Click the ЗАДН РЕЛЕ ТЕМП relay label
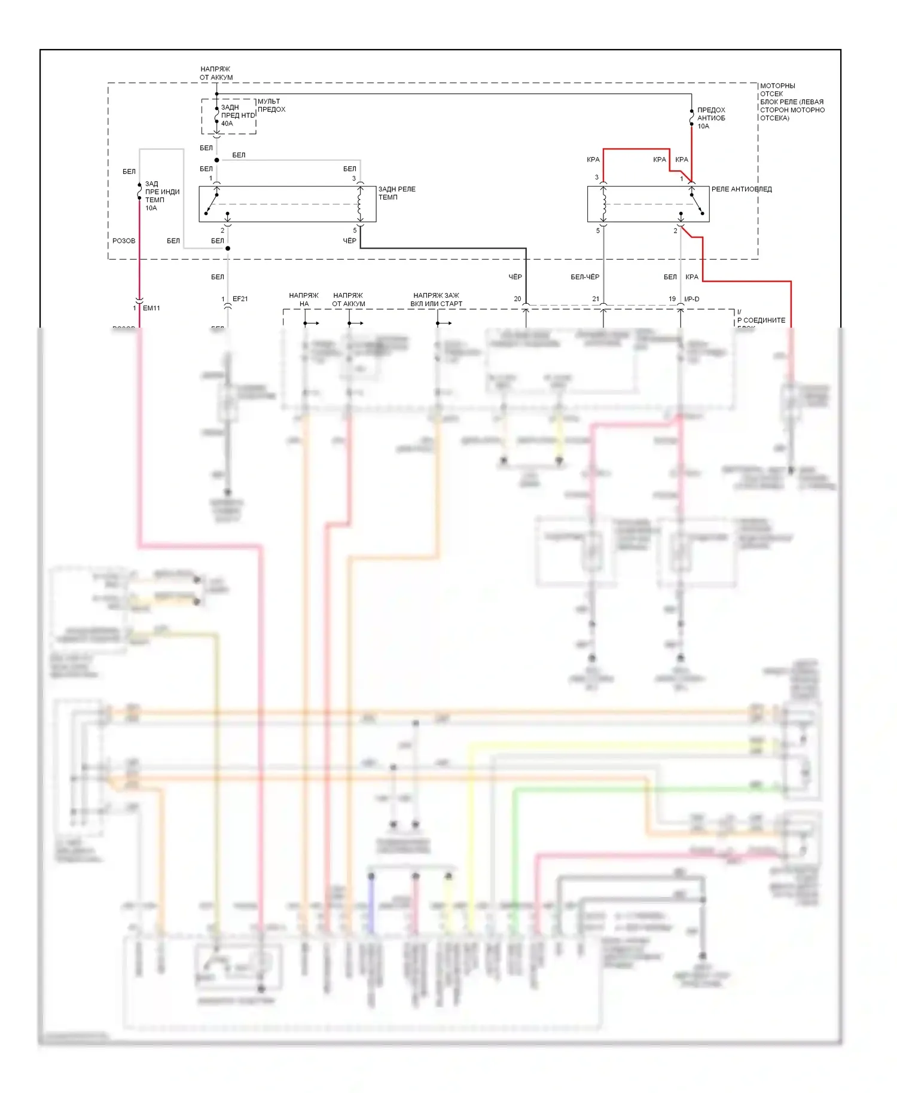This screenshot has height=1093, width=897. pos(396,193)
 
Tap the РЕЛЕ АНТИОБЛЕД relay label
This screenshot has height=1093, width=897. pos(741,190)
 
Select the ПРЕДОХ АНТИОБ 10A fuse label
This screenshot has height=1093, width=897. pos(711,118)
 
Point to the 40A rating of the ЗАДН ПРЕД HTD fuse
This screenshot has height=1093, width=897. pos(227,124)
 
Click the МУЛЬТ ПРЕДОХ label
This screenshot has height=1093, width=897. pos(271,105)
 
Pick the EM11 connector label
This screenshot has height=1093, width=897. pos(151,309)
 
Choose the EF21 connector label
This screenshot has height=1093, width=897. pos(240,299)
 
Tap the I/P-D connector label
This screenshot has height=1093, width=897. pos(691,299)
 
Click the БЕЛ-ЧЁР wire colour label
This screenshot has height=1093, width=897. pos(585,277)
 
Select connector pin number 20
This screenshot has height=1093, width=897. pos(517,299)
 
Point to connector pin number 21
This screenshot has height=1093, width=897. pos(596,299)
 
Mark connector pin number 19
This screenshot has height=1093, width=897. pos(672,299)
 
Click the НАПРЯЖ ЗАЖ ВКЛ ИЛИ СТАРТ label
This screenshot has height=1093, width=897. pos(436,300)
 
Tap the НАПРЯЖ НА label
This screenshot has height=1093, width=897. pos(304,300)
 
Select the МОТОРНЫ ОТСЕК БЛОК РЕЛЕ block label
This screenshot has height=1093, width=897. pos(792,102)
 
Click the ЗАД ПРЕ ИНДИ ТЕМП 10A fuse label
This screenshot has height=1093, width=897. pos(161,196)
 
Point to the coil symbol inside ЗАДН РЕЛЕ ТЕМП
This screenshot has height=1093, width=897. pos(360,204)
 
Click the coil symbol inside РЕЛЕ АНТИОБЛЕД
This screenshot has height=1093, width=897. pos(603,204)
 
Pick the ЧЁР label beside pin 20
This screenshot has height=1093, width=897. pos(515,277)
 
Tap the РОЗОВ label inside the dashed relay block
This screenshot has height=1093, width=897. pos(124,241)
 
